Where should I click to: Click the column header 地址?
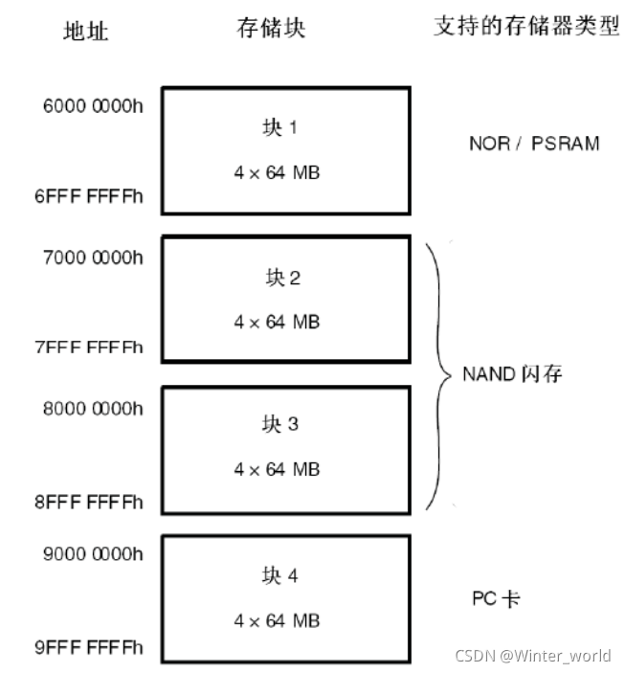pos(86,31)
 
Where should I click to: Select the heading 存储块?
pos(272,29)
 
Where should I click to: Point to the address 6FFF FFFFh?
pos(89,196)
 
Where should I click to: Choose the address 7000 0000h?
pos(93,259)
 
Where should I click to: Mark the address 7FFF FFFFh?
pos(89,347)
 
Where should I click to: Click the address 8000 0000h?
pos(93,407)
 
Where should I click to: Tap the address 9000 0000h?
pos(93,555)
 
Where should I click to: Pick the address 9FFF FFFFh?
pos(89,648)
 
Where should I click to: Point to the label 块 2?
pos(281,279)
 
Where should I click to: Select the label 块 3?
pos(279,424)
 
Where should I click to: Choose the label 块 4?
pos(279,575)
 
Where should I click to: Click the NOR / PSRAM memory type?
pos(534,144)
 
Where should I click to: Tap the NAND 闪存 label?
pos(512,373)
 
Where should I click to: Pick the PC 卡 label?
pos(496,599)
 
